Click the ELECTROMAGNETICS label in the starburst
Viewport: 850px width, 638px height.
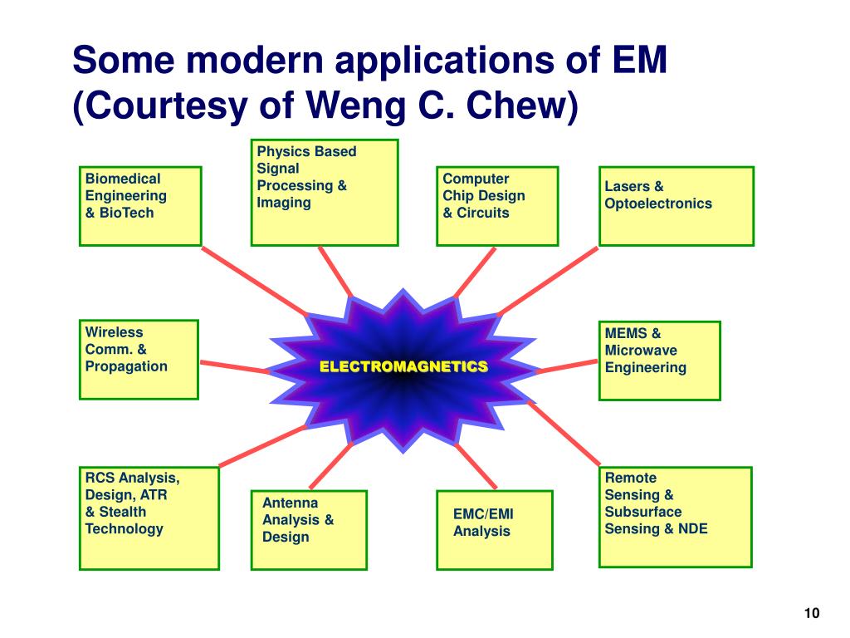click(x=403, y=366)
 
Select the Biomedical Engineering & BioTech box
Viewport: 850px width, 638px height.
click(x=140, y=206)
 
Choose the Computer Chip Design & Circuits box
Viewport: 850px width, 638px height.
click(x=496, y=206)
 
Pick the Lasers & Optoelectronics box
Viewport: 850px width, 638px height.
click(x=676, y=206)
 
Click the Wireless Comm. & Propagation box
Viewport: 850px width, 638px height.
click(x=139, y=360)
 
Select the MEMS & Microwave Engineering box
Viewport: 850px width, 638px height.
click(x=659, y=361)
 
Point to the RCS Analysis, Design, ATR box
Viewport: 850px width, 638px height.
click(x=149, y=518)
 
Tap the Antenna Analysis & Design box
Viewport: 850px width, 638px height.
click(x=308, y=530)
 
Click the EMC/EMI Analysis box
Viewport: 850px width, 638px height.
click(x=494, y=530)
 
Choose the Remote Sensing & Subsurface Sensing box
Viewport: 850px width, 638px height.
click(x=675, y=516)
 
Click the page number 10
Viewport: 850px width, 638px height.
click(x=811, y=614)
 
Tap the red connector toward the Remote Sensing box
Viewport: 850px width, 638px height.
click(x=564, y=433)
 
